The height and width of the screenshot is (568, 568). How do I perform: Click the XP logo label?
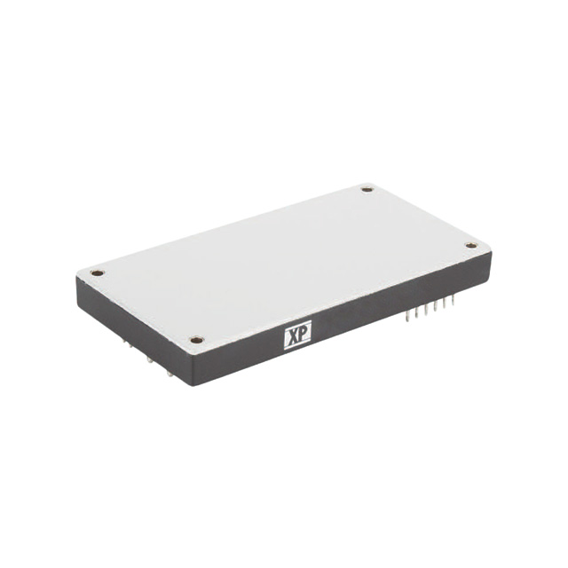296,337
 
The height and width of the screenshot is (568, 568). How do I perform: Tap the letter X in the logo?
291,337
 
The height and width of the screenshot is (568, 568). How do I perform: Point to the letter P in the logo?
303,337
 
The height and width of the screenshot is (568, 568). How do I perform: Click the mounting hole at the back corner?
367,188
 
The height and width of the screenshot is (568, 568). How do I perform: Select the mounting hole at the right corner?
471,245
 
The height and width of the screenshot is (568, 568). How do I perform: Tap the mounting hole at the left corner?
97,272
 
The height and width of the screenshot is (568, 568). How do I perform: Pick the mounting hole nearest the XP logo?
197,339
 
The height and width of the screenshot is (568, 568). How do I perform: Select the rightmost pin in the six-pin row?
453,302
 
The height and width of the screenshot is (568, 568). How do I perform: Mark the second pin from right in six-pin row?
444,304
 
